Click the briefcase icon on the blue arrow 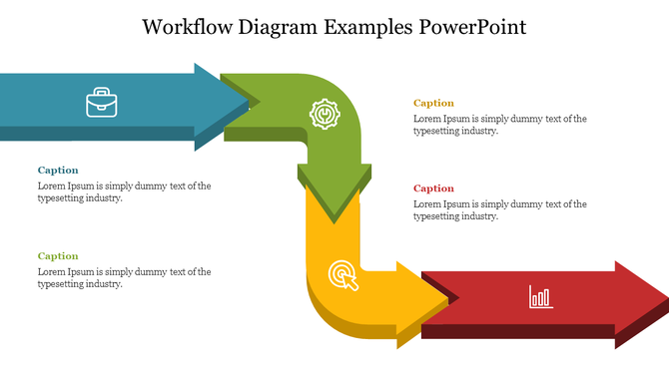(101, 103)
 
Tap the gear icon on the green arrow (325, 115)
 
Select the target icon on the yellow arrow (341, 274)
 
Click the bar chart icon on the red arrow (540, 296)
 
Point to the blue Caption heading (58, 171)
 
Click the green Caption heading (58, 256)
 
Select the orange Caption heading (433, 103)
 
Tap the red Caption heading (433, 188)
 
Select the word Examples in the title (370, 26)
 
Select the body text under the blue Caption (124, 191)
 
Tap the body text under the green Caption (124, 277)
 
